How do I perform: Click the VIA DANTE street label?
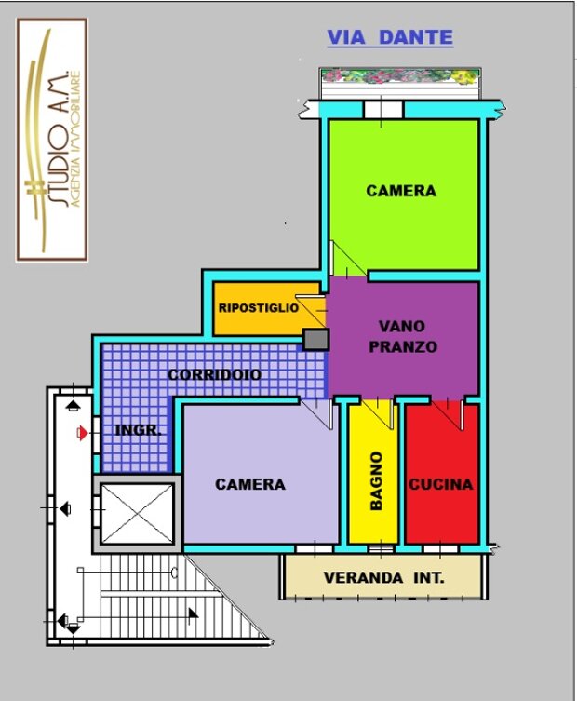pos(390,37)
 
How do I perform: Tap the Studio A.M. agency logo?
pos(52,140)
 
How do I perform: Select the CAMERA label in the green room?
pos(401,191)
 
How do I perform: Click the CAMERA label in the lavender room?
pos(249,484)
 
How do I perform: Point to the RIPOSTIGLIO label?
pos(259,308)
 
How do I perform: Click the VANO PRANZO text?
pos(403,336)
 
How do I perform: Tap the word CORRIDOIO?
pos(215,374)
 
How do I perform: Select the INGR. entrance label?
pos(138,430)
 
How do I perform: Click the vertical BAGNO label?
pos(376,480)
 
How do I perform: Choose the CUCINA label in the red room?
pos(441,484)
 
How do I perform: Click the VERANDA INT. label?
pos(384,577)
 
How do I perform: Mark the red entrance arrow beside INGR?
pos(82,433)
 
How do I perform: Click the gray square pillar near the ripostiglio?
pos(316,340)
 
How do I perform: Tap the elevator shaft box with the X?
pos(137,514)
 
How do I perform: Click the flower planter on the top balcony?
pos(400,76)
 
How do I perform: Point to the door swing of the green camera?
pos(348,259)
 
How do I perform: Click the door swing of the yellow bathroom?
pos(377,414)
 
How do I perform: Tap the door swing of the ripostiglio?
pos(311,311)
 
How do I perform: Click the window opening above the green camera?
pos(383,110)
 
